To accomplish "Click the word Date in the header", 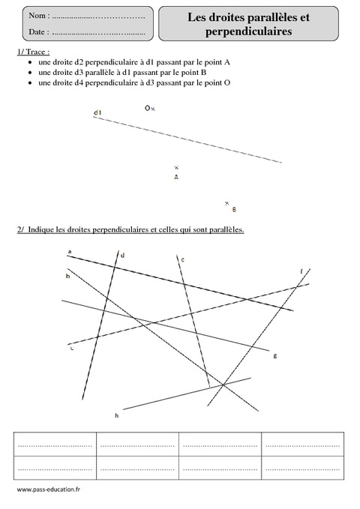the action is click(38, 32).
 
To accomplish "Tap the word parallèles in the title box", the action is click(266, 16).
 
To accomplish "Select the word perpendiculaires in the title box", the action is click(248, 31).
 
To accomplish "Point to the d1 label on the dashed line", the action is click(97, 112).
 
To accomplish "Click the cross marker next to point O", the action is click(153, 109).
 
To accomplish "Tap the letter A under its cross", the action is click(176, 178).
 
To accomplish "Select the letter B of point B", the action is click(234, 209).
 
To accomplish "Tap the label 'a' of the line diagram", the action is click(69, 252).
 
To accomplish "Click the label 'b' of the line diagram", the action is click(67, 277).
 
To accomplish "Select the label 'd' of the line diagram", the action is click(122, 256).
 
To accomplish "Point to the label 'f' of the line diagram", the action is click(301, 271).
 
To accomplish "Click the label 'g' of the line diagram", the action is click(275, 355).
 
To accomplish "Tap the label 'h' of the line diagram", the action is click(116, 415).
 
